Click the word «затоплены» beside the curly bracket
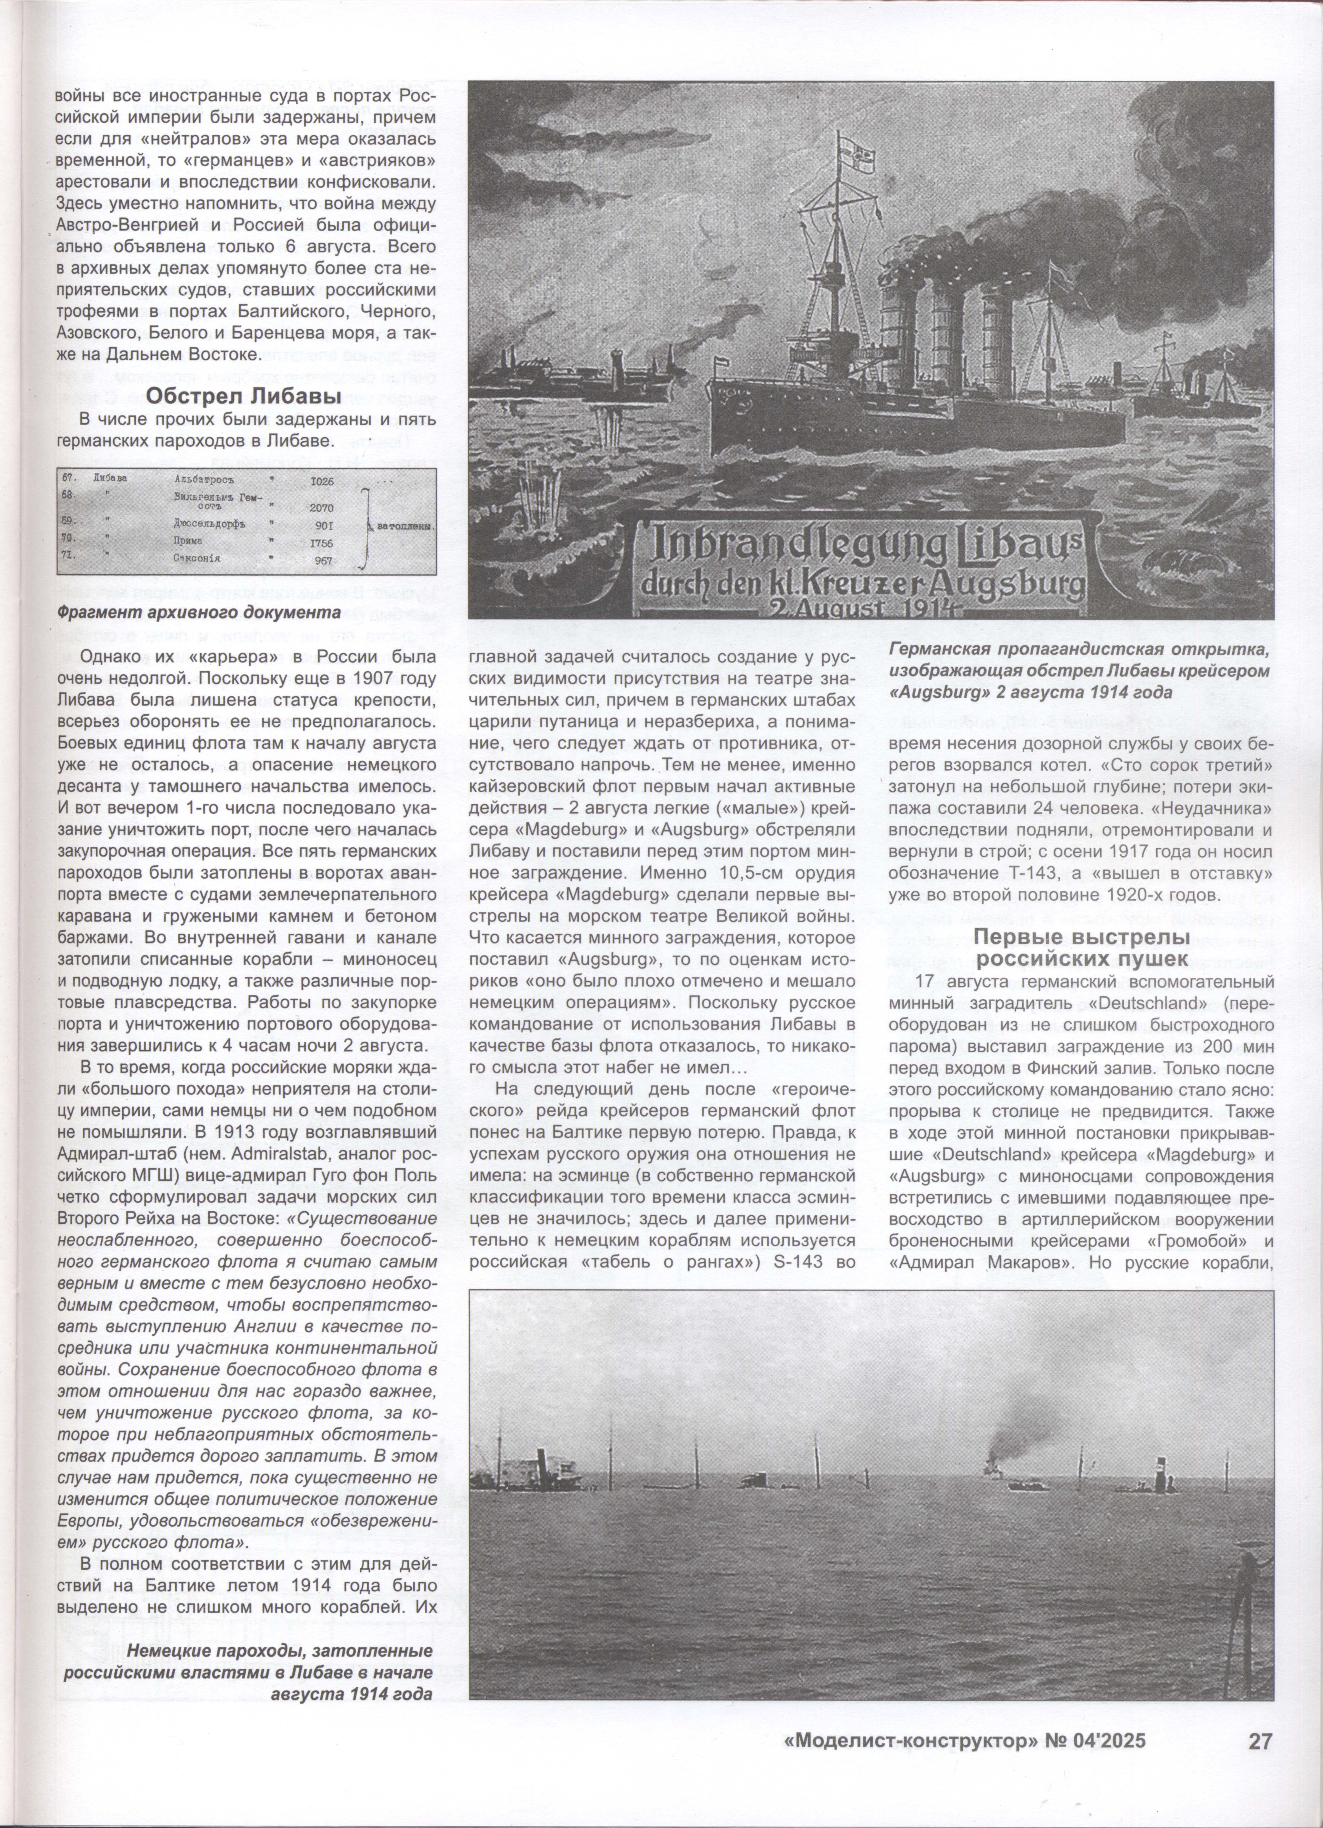405,527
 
